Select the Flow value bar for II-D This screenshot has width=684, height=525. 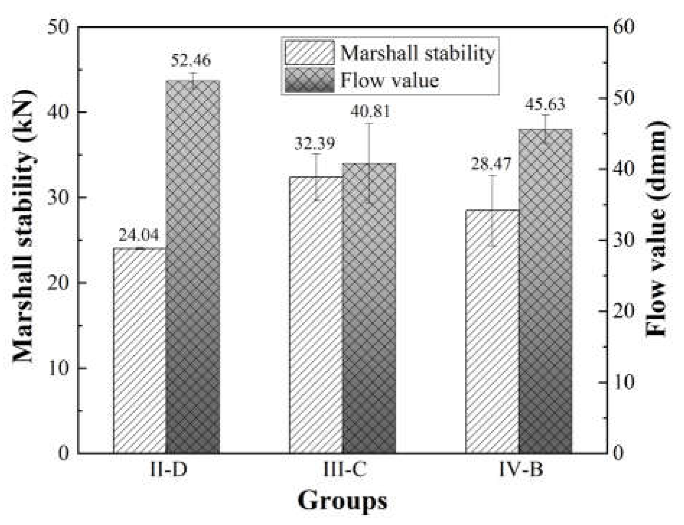click(x=193, y=267)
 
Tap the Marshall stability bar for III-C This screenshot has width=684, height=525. click(x=316, y=315)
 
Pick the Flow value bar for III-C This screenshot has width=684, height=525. click(x=369, y=308)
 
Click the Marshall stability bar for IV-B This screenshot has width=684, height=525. click(x=492, y=331)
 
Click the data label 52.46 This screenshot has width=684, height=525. click(x=191, y=61)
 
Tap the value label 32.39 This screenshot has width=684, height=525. click(x=315, y=143)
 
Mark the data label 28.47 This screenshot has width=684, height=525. click(x=491, y=164)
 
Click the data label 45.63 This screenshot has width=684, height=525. click(x=545, y=104)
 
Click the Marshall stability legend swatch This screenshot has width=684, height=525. click(x=309, y=53)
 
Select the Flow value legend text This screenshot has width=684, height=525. click(x=390, y=80)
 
